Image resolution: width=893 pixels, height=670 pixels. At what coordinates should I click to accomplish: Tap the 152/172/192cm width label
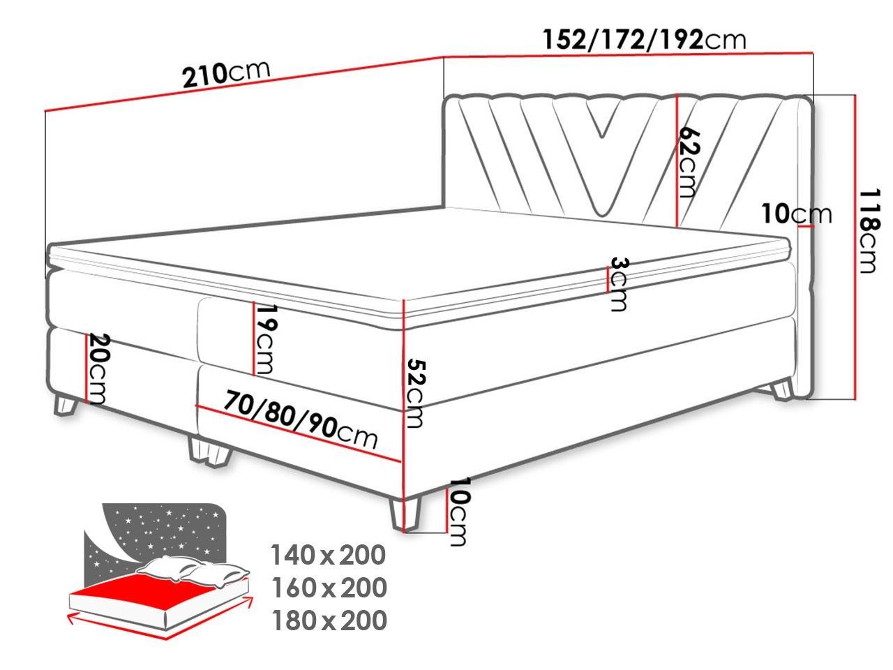[x=645, y=40]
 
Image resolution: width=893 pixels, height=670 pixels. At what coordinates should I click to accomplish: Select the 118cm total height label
[x=869, y=230]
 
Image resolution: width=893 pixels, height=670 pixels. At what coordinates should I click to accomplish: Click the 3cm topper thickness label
[x=619, y=284]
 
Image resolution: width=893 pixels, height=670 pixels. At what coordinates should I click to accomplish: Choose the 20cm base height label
[x=98, y=368]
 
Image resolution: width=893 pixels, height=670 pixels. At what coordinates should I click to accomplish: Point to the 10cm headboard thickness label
[x=797, y=214]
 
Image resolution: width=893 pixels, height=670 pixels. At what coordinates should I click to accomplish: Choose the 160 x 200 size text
[x=329, y=588]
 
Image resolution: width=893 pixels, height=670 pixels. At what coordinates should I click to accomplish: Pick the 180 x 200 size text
[x=329, y=620]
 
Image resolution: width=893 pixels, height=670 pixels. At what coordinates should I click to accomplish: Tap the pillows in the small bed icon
[x=193, y=570]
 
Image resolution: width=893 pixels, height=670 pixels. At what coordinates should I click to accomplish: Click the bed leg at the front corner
[x=405, y=515]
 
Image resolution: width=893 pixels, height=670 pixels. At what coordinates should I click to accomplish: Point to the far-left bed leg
[x=66, y=405]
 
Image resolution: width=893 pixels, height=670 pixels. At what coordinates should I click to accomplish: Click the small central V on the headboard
[x=603, y=119]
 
